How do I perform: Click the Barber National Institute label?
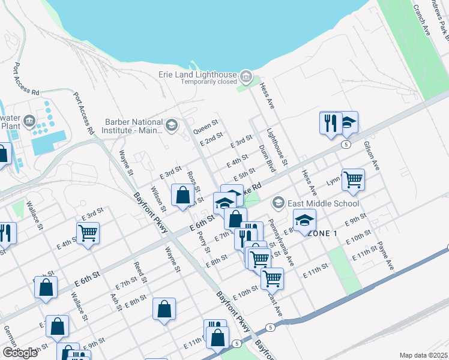pos(133,125)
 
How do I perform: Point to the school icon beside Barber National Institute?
pos(172,125)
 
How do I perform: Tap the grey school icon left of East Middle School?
pos(277,202)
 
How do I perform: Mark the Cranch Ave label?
pos(421,21)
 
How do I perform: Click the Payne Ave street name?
pos(385,256)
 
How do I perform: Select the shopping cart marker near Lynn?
pos(353,179)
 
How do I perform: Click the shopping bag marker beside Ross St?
pos(182,195)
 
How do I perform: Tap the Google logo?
pos(20,352)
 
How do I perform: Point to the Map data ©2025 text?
pos(423,355)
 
